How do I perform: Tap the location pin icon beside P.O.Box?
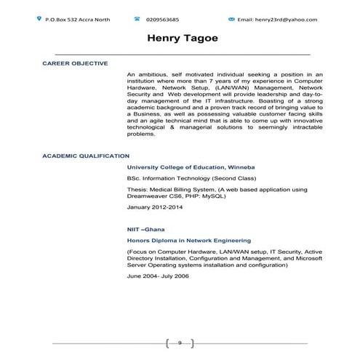(39, 17)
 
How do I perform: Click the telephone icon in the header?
(137, 17)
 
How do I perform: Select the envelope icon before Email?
(231, 17)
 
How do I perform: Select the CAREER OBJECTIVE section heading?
(75, 63)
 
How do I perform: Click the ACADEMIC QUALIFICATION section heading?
(86, 156)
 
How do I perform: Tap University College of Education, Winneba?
(191, 167)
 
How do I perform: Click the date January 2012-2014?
(155, 207)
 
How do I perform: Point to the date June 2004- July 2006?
(158, 277)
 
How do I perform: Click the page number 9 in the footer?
(179, 342)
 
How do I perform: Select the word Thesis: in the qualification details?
(139, 189)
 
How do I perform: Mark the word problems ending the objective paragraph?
(141, 134)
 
